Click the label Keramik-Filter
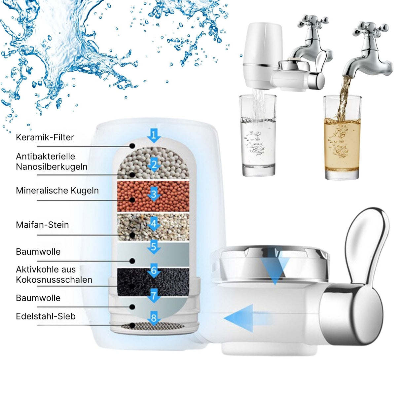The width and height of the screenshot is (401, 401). point(45,137)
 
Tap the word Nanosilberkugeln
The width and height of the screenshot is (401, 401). point(52,167)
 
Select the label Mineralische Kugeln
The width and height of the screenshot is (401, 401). point(57,191)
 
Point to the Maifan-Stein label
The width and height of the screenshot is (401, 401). point(42,225)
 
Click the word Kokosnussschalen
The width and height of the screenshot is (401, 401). point(54,280)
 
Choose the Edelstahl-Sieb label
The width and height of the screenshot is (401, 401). point(46,316)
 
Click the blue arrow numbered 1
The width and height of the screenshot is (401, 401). point(154,136)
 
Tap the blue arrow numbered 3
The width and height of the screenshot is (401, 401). point(154,194)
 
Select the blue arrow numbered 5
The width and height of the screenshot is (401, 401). point(154,247)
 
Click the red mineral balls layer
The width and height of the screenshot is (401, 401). point(153,196)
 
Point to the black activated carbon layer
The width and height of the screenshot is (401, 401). point(153,281)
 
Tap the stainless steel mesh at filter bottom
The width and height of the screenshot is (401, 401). point(153,326)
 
